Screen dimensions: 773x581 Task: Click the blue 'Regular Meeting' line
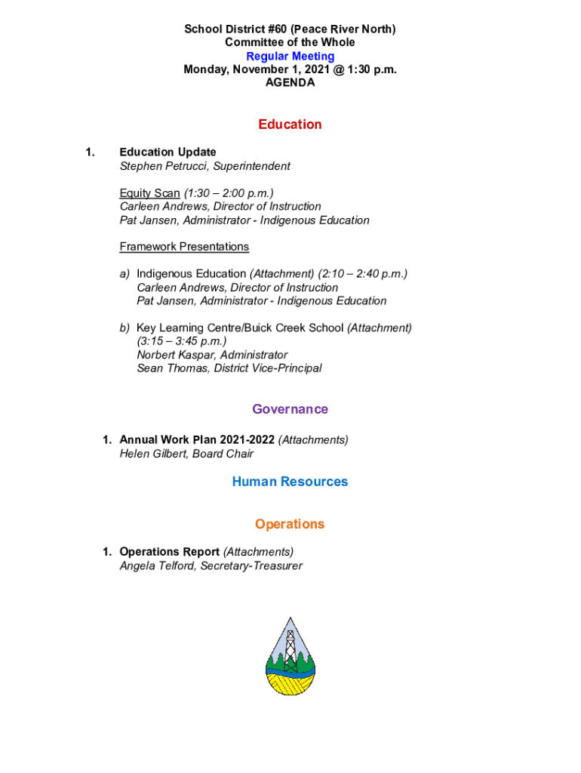(290, 57)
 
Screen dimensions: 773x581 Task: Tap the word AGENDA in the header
(290, 83)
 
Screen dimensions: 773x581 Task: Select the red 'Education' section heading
(290, 125)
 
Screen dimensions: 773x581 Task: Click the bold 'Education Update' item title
(168, 152)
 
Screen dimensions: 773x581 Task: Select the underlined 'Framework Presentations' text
(184, 247)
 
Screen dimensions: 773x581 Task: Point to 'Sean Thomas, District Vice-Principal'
(229, 368)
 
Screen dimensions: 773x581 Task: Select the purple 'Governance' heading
(290, 409)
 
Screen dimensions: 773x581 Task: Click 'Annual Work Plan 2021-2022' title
(197, 440)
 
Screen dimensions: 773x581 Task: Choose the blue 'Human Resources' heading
(290, 482)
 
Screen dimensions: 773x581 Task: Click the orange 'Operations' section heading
(290, 524)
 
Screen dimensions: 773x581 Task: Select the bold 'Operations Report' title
(169, 552)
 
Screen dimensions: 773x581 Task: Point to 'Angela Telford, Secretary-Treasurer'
(211, 565)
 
